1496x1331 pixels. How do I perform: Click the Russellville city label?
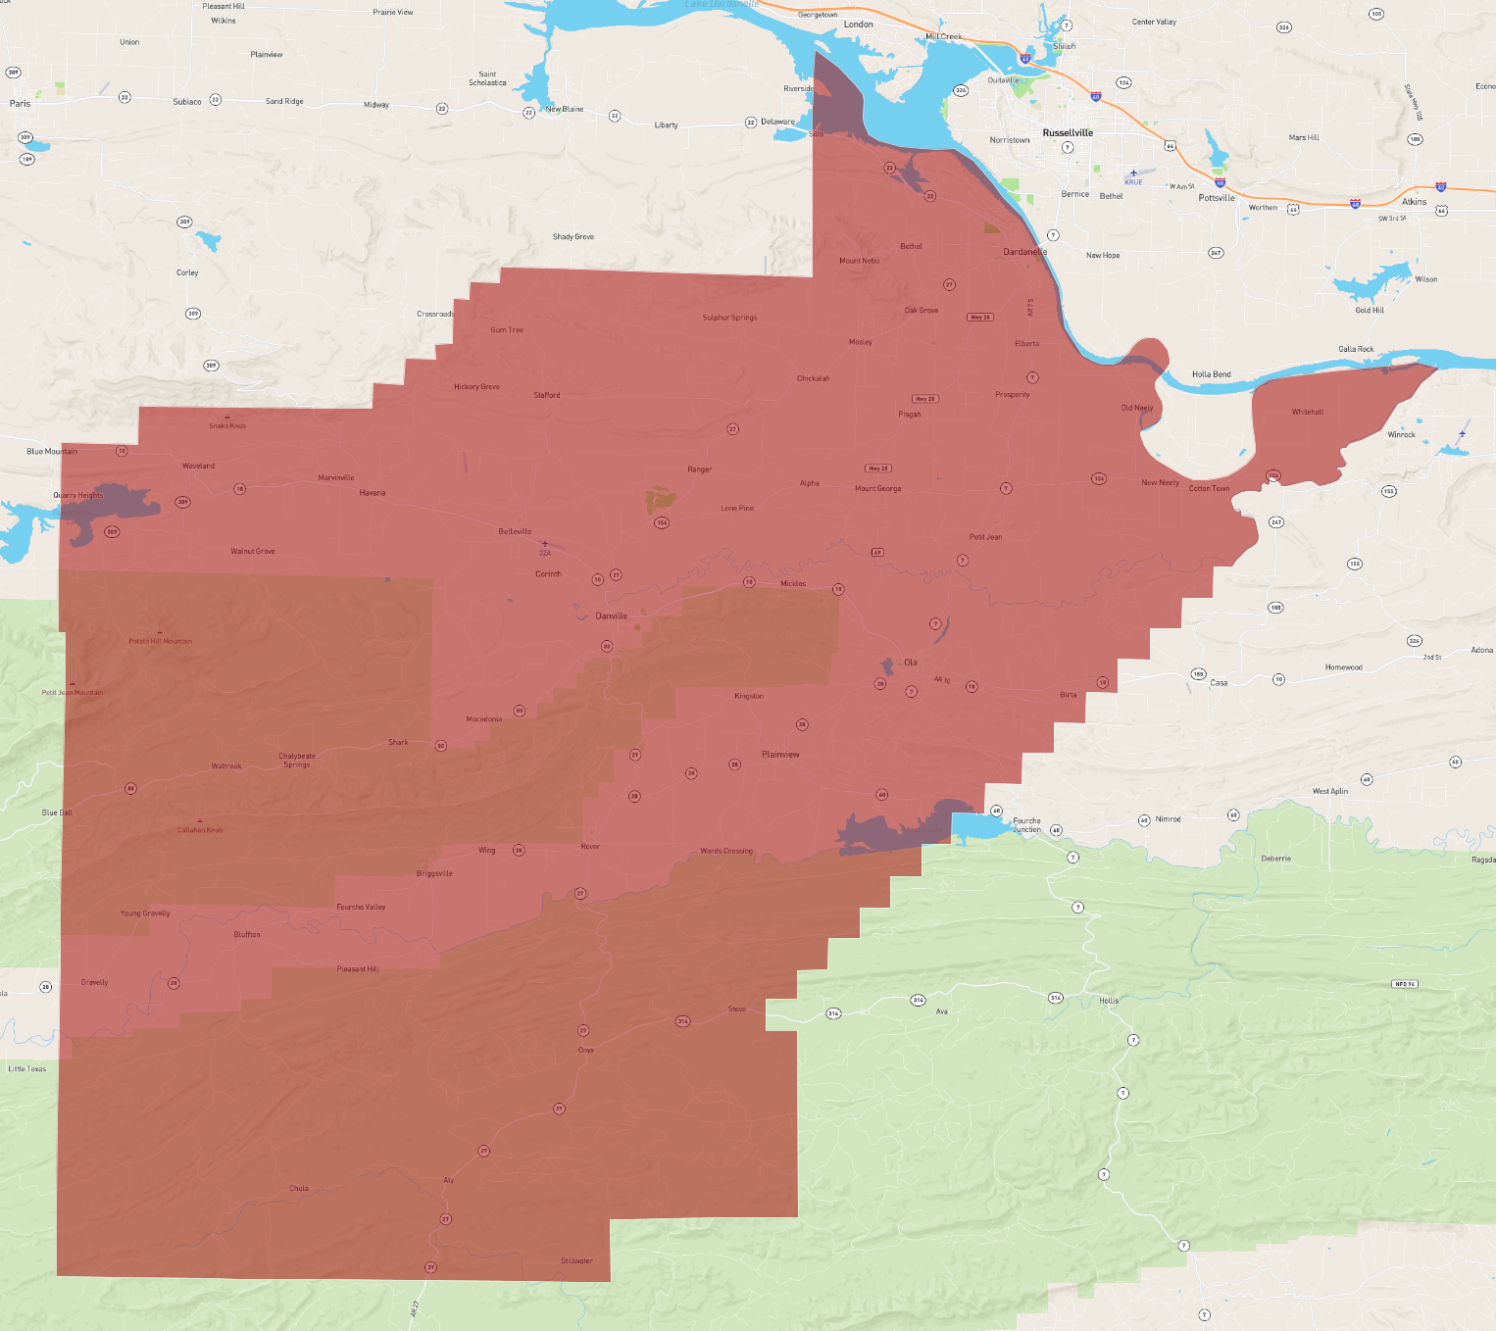pos(1068,132)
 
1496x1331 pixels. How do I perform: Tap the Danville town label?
pos(611,616)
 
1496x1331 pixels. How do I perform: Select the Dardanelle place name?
pos(1024,252)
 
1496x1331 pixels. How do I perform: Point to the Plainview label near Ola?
pos(780,755)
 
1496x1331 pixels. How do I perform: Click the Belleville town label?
pos(515,531)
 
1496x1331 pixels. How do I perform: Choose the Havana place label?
pos(372,493)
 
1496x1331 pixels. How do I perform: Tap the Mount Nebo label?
pos(859,261)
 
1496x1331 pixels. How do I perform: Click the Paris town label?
pos(20,103)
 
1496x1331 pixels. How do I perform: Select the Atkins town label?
pos(1414,202)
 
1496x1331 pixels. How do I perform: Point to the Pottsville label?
pos(1217,198)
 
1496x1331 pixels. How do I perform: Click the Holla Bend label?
pos(1211,374)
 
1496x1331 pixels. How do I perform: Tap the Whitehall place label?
pos(1307,412)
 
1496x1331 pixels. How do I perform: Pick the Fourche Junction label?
pos(1026,825)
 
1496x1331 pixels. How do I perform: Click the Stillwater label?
pos(576,1260)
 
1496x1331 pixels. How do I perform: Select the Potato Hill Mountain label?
pos(160,641)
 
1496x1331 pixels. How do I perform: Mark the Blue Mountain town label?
pos(52,451)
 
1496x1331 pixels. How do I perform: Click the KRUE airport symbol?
pos(1133,173)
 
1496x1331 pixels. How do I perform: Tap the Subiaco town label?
pos(187,102)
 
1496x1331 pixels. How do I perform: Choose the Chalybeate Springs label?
pos(297,760)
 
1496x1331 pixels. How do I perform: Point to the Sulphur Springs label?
pos(729,318)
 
